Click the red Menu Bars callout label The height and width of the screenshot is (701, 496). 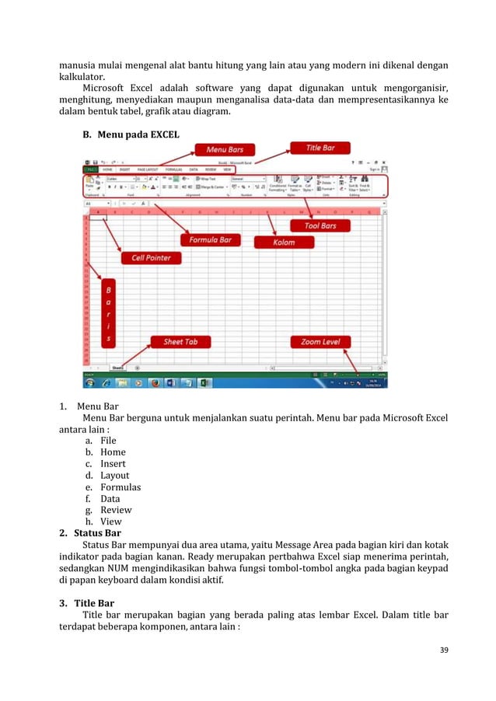[225, 149]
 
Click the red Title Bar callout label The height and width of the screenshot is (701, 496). [319, 147]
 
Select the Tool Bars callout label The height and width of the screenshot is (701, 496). [314, 226]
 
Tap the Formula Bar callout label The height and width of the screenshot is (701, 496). [210, 240]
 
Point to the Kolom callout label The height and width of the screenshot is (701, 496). [284, 242]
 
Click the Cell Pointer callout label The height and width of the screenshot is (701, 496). [151, 257]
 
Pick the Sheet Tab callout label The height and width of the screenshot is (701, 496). [180, 341]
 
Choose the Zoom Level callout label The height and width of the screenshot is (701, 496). [320, 341]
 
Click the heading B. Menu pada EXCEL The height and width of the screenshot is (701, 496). [131, 134]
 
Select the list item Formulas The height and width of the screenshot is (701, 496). [121, 487]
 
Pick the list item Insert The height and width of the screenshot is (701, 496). [113, 464]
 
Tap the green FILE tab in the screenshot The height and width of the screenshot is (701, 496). [91, 169]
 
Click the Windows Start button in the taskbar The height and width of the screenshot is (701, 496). [91, 382]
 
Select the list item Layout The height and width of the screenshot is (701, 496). [114, 476]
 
